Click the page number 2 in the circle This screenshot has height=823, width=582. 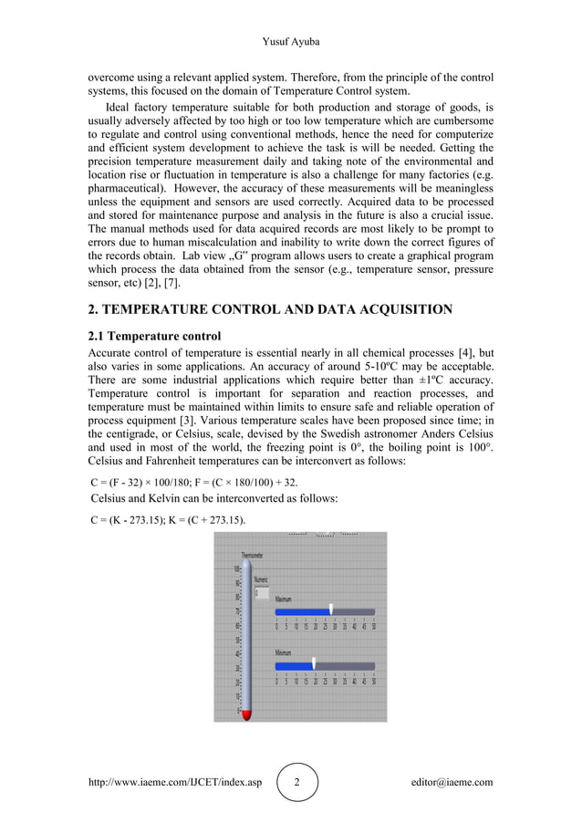(296, 782)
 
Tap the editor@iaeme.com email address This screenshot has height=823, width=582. (452, 782)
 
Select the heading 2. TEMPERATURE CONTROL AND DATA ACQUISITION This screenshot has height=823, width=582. (269, 309)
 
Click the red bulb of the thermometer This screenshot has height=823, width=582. (245, 714)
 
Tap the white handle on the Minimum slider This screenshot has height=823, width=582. (313, 664)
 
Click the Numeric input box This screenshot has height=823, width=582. (262, 593)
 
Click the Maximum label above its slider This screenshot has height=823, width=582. (284, 599)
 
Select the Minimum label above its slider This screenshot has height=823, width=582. (284, 653)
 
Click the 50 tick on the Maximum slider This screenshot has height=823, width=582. (374, 626)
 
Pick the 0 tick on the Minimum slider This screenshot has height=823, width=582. (277, 681)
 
